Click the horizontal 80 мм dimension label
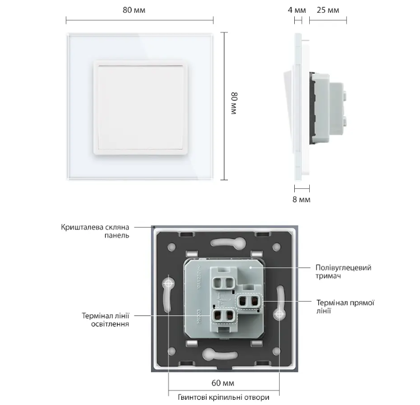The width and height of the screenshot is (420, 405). (x=139, y=10)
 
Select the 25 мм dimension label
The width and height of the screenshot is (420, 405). (x=328, y=10)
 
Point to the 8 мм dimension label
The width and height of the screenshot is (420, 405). (x=302, y=199)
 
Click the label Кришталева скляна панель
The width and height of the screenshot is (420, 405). (x=97, y=231)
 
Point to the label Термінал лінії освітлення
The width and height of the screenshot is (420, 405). (x=106, y=319)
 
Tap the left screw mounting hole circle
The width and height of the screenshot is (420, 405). (x=168, y=284)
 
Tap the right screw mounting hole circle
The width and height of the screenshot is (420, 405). (x=280, y=315)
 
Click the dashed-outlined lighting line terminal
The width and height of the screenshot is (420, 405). (x=223, y=316)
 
